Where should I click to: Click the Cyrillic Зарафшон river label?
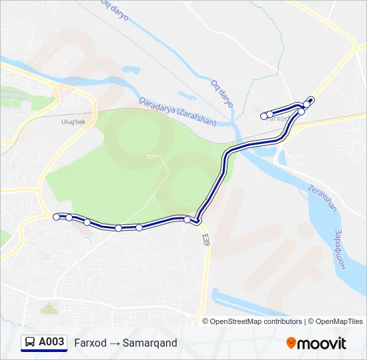click(338, 249)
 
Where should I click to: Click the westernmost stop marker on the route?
click(56, 216)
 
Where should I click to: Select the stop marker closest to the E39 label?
click(188, 219)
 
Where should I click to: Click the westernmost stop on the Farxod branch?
click(264, 116)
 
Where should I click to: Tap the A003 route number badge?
click(51, 343)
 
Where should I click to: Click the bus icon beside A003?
click(30, 343)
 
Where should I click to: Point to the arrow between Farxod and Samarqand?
click(115, 343)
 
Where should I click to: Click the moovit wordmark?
click(322, 343)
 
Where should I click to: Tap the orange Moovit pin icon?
click(291, 343)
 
